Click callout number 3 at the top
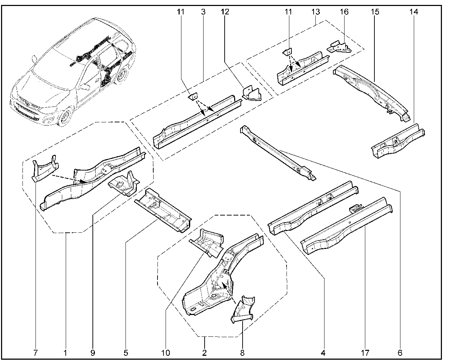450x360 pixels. (x=203, y=12)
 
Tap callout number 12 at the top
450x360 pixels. (x=225, y=12)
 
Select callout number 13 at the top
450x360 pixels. (x=315, y=12)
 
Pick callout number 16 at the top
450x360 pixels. (x=344, y=12)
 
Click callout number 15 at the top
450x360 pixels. (x=375, y=12)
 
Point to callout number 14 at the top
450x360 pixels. (x=413, y=12)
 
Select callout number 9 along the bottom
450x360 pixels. (x=92, y=352)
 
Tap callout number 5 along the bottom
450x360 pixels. (x=126, y=352)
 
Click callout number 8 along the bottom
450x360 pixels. (x=242, y=352)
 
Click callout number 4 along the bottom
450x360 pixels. (x=323, y=352)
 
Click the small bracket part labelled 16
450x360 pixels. (x=340, y=46)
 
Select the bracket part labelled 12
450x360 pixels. (x=251, y=93)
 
